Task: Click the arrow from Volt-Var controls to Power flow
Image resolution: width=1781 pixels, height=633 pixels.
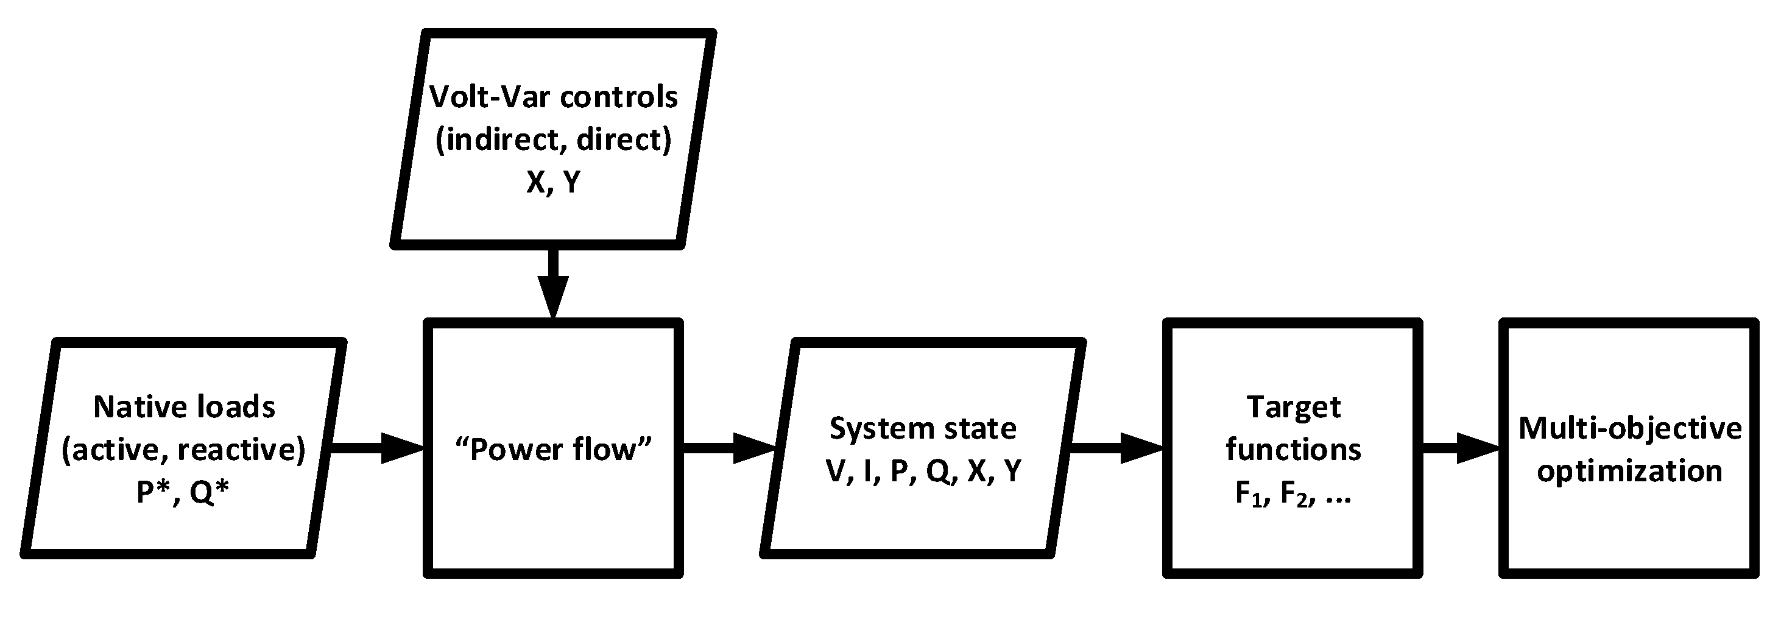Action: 553,284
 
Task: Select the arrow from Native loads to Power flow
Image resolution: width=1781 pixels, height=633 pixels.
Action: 377,448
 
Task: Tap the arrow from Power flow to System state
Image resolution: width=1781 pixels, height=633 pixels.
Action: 730,448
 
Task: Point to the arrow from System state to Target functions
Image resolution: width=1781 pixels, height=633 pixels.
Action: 1116,448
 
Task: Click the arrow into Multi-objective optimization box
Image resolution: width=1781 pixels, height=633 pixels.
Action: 1460,448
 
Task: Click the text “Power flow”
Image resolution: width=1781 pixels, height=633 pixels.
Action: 553,450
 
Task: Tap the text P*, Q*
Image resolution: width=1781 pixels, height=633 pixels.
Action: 183,492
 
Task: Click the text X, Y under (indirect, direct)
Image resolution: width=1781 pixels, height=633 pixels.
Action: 553,182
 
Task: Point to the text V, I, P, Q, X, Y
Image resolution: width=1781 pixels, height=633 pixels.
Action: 923,471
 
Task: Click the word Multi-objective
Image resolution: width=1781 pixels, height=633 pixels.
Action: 1629,428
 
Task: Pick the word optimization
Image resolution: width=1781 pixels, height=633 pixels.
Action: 1629,472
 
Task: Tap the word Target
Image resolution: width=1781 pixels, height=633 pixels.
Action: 1293,407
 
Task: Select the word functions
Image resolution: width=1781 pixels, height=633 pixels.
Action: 1293,450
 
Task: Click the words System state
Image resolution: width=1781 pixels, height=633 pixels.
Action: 923,428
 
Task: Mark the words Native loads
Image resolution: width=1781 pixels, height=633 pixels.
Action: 184,407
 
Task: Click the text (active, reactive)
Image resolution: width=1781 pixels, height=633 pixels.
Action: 183,450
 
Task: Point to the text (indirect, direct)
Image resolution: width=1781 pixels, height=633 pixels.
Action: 553,140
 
